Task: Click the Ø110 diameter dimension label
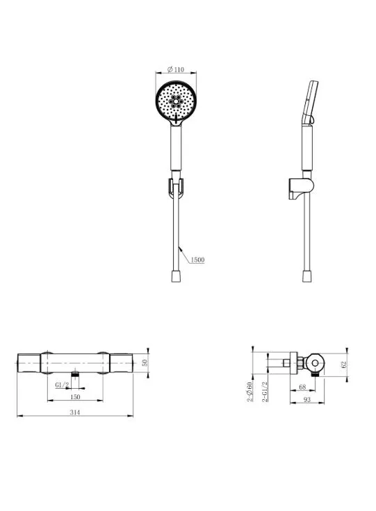click(176, 69)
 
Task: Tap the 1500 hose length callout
click(197, 260)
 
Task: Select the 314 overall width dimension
click(75, 412)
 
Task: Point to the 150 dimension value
click(75, 396)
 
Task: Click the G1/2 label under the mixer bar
click(62, 385)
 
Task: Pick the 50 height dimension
click(145, 362)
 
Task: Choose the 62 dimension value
click(343, 365)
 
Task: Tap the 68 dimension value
click(302, 387)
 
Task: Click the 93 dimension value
click(307, 399)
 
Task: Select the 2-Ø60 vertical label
click(250, 392)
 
